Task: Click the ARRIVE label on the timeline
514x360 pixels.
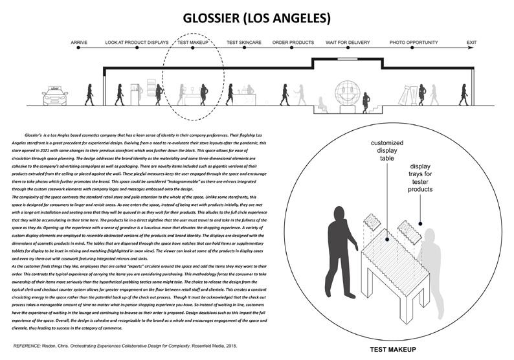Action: (79, 43)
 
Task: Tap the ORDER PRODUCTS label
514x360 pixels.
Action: (293, 43)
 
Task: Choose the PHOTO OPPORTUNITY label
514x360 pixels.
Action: (413, 43)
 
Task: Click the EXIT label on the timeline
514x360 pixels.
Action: (471, 43)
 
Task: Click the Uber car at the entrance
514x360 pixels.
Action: (55, 96)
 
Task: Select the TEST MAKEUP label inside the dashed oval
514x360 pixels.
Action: (192, 43)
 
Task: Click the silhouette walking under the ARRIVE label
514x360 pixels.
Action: (89, 95)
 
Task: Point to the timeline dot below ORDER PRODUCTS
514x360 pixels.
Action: (293, 49)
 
